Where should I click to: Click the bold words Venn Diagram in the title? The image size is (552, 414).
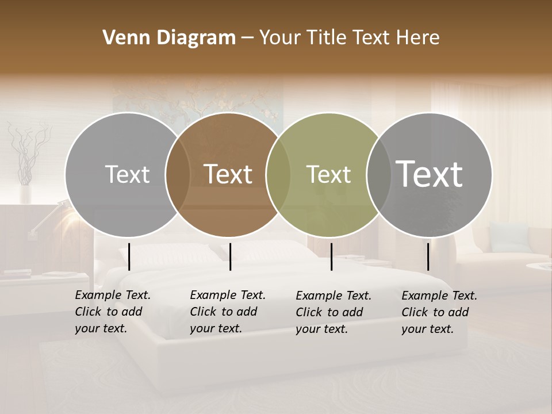point(169,38)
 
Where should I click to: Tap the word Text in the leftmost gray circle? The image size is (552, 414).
point(127,175)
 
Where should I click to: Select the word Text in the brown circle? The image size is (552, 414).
point(228,174)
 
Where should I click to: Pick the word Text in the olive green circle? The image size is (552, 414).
point(328,175)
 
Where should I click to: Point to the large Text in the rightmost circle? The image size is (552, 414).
point(430,174)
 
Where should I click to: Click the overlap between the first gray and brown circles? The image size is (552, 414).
point(178,174)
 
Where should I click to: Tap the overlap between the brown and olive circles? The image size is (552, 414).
point(278,174)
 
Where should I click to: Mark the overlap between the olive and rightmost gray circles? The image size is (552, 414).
point(376,174)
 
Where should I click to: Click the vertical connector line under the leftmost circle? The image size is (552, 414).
point(129,256)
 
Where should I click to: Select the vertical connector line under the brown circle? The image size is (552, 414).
point(230,256)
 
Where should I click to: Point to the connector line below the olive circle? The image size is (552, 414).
point(331,256)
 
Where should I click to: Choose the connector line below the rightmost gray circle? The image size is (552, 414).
point(428,256)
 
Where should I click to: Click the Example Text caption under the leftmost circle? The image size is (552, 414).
point(112,312)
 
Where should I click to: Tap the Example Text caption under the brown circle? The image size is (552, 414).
point(227,312)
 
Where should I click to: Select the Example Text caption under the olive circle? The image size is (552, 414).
point(333,312)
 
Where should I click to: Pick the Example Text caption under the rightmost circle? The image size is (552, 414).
point(439,312)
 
